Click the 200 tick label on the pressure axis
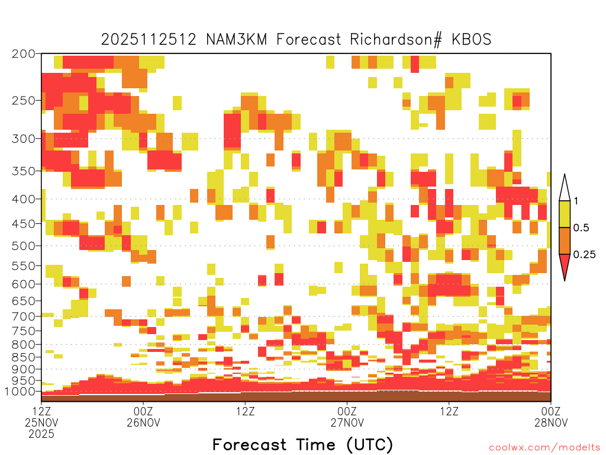click(x=24, y=54)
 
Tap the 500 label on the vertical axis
click(x=24, y=246)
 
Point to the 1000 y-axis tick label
click(x=20, y=392)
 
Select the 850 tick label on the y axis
click(x=24, y=357)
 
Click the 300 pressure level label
click(x=24, y=139)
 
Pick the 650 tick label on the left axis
click(x=24, y=300)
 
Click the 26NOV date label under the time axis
click(x=143, y=422)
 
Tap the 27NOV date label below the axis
click(x=347, y=422)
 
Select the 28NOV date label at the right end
click(x=551, y=422)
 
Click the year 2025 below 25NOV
click(x=41, y=434)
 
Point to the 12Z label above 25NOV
click(x=41, y=411)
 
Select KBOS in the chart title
click(x=472, y=40)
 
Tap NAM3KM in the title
click(x=237, y=40)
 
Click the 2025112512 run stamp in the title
click(x=149, y=40)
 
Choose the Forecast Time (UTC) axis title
click(x=302, y=444)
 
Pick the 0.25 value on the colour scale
click(x=584, y=255)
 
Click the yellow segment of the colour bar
click(x=565, y=214)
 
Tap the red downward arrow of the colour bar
click(x=565, y=265)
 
